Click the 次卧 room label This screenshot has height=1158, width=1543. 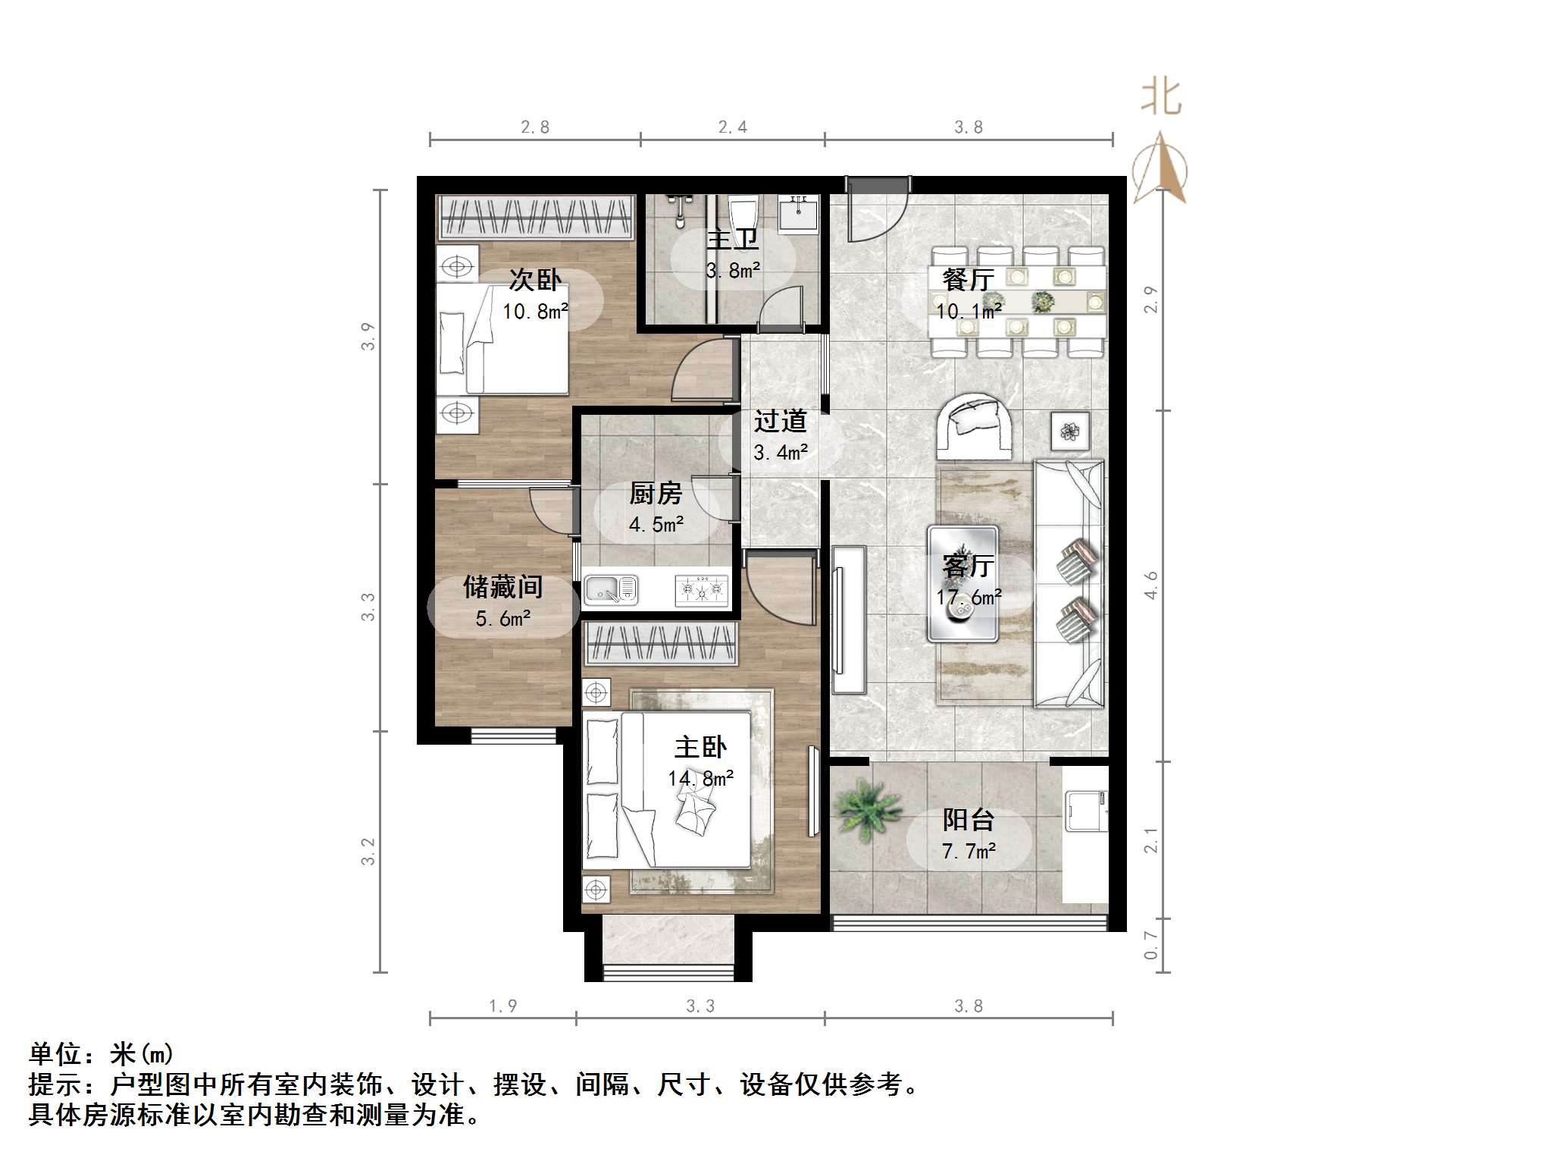535,280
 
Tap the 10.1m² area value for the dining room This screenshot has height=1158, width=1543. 969,311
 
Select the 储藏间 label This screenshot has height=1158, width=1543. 503,587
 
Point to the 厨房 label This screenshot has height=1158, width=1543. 656,494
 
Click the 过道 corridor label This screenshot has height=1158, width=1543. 780,421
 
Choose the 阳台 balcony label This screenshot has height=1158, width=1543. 968,820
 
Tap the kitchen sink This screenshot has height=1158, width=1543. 610,590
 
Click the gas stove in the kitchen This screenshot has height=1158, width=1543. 701,590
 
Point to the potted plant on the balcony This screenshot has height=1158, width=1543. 867,808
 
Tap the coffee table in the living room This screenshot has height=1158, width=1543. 962,584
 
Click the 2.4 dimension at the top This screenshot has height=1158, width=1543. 732,127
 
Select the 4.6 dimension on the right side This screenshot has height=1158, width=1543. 1151,585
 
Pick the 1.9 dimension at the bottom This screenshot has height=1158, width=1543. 502,1006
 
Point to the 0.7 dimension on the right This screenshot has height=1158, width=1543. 1151,945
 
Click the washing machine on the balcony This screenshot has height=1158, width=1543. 1087,811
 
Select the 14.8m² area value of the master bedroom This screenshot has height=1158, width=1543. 700,779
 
